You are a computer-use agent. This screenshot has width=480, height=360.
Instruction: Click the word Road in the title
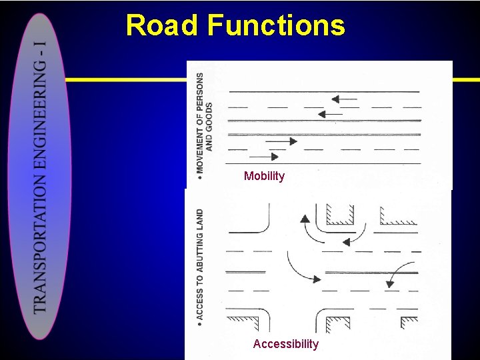[x=162, y=26]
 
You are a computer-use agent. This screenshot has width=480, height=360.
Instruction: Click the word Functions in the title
[x=276, y=26]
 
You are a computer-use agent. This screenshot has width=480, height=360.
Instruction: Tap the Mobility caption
[x=264, y=176]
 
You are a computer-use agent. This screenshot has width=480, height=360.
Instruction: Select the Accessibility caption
[x=285, y=344]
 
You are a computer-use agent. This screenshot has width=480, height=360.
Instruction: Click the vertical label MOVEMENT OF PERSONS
[x=200, y=123]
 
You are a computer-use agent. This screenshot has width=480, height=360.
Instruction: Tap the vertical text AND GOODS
[x=209, y=127]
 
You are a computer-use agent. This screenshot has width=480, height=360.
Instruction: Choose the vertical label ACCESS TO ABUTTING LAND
[x=200, y=264]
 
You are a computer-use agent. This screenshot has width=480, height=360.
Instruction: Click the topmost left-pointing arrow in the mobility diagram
[x=344, y=99]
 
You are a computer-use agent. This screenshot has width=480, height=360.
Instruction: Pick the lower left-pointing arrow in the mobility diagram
[x=330, y=114]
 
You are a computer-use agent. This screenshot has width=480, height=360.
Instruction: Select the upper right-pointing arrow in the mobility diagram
[x=285, y=141]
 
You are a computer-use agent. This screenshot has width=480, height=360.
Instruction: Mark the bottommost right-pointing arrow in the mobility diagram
[x=264, y=157]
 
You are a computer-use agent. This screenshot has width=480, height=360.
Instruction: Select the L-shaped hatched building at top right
[x=396, y=217]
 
